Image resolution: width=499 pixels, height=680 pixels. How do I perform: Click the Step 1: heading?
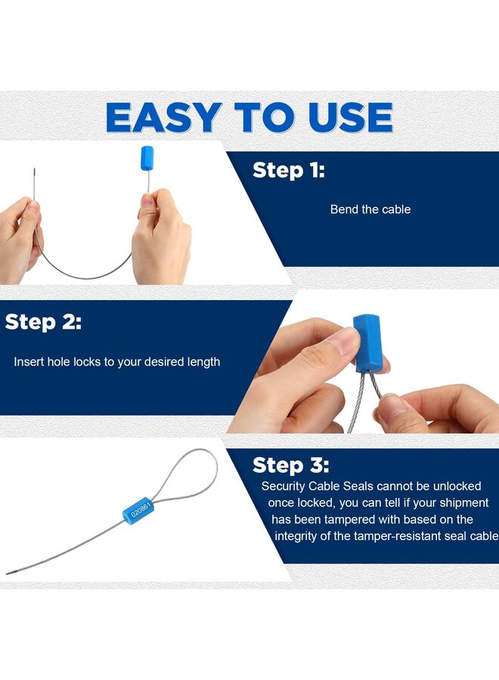point(289,170)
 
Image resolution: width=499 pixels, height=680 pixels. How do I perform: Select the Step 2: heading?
point(43,322)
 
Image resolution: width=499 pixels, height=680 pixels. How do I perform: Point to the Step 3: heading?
point(291,465)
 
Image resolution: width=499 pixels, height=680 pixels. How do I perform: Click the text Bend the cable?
point(370,209)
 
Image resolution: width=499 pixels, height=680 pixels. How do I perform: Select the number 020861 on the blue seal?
point(141,508)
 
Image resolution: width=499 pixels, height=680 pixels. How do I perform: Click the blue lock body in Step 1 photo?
point(147,159)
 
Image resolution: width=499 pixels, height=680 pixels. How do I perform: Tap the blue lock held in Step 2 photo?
point(368,344)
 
